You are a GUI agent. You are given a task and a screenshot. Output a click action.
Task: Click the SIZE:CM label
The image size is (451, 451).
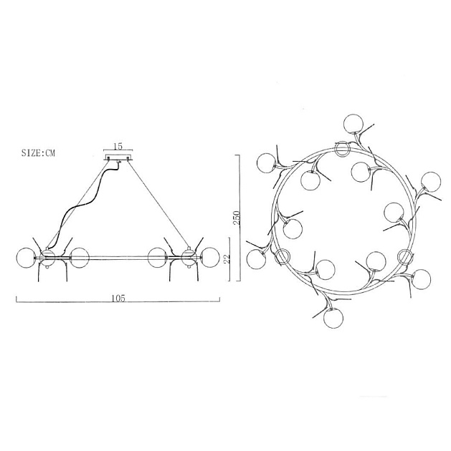tap(38, 152)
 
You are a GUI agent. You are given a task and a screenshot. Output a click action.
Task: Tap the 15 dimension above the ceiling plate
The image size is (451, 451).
tap(118, 146)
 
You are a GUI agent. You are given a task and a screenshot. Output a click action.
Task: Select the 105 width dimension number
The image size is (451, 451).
tap(118, 299)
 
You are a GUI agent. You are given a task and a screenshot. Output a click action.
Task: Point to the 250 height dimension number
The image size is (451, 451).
tap(236, 218)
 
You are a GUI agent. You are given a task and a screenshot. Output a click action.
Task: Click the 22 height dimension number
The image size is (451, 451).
tap(227, 259)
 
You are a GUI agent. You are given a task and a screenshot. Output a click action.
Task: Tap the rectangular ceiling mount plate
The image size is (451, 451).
tap(118, 157)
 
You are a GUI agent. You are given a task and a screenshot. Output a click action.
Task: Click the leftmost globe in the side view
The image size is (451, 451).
tap(26, 258)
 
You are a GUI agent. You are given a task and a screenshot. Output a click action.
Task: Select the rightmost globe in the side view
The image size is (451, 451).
tap(210, 258)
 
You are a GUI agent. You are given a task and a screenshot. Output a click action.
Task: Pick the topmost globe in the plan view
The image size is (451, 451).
tap(353, 124)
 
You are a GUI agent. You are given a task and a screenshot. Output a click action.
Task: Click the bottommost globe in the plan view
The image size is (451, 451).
tap(333, 319)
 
